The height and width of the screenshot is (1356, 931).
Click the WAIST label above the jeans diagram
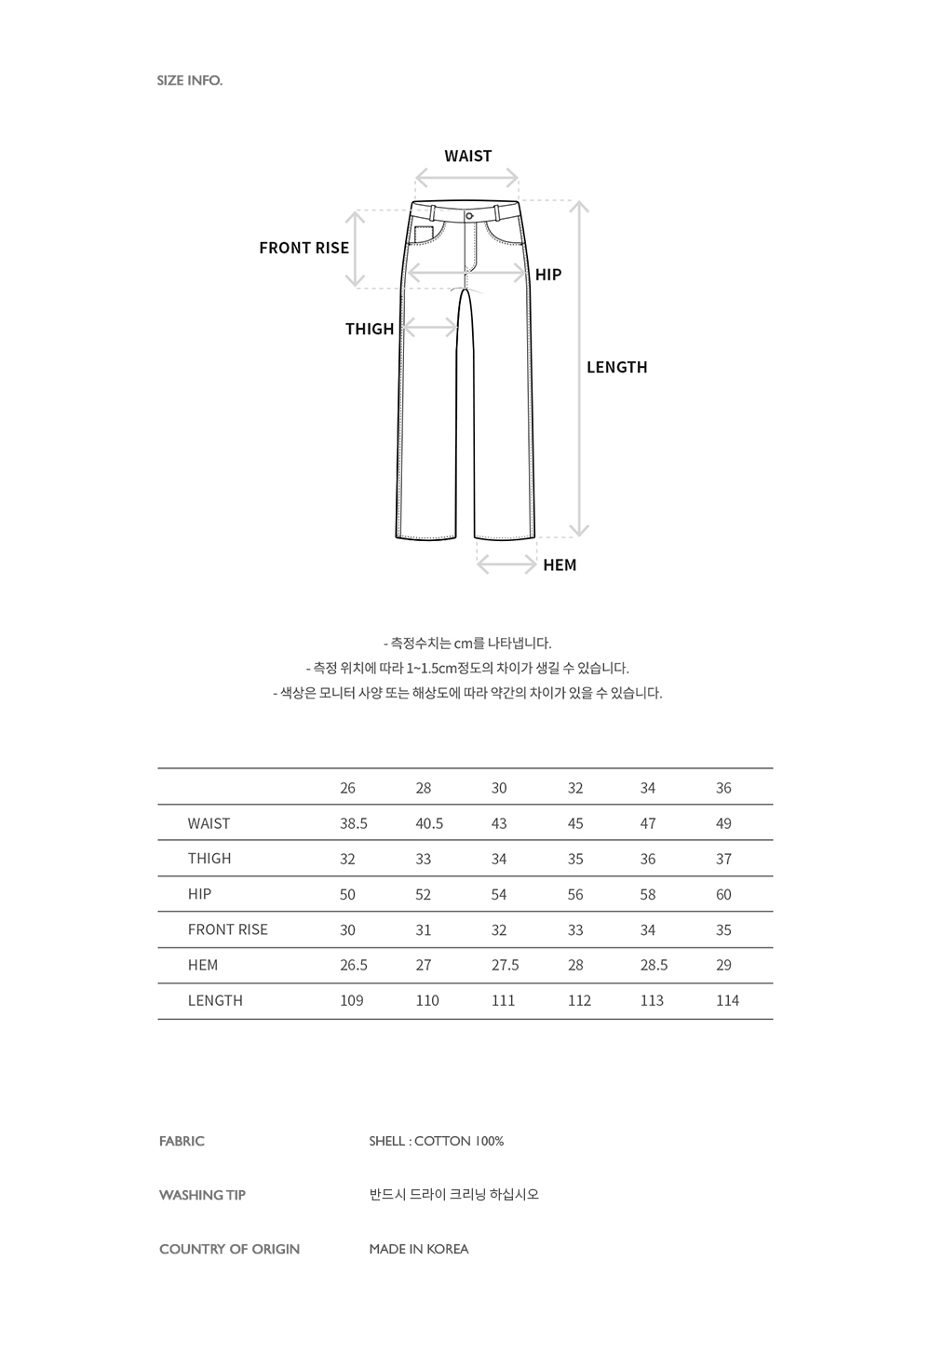pos(467,156)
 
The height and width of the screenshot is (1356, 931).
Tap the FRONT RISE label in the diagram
pos(304,248)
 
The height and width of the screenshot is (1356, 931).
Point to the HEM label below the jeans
pos(560,565)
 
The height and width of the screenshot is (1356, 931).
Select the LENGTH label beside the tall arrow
pos(616,367)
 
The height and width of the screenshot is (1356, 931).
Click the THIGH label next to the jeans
pos(370,329)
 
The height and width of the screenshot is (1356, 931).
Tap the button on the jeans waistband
pos(468,214)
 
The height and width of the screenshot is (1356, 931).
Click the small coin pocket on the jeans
pos(424,234)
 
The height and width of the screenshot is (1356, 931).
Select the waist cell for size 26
pos(354,823)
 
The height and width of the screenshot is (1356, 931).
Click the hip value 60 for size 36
pos(723,894)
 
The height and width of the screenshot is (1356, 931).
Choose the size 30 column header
pos(499,788)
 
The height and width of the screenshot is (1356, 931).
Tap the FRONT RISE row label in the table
pos(227,929)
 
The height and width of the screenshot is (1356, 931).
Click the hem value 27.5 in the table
pos(505,965)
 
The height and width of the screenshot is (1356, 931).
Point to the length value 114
pos(727,1000)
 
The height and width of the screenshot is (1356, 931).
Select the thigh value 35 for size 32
pos(575,859)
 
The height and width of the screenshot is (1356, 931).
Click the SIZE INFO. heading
pos(190,80)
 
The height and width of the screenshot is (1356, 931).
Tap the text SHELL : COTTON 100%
pos(436,1141)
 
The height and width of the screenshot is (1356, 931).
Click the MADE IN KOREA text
pos(418,1249)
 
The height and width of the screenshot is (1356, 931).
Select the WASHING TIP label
pos(202,1195)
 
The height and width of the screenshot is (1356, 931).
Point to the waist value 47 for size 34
pos(648,823)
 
